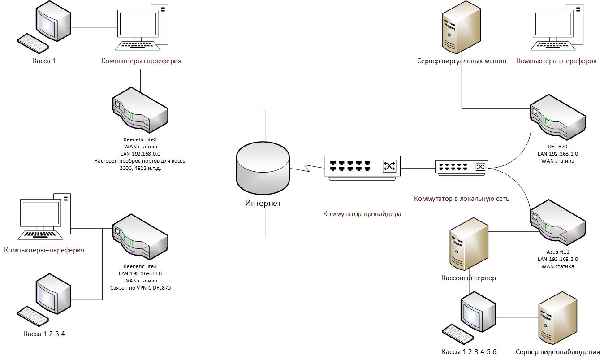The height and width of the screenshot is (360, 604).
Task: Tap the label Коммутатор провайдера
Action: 362,214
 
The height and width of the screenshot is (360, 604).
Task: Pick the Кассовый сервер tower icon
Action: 469,244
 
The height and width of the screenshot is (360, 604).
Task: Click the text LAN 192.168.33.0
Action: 140,273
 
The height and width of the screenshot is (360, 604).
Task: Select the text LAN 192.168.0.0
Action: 140,154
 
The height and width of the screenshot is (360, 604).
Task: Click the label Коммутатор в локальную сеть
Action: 462,198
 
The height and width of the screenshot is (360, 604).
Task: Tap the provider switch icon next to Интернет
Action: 362,167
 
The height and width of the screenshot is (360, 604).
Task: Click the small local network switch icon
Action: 462,167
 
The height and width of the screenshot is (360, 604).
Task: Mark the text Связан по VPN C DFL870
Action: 140,288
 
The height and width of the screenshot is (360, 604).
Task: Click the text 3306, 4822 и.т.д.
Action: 140,168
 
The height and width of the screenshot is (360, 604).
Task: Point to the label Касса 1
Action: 44,61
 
